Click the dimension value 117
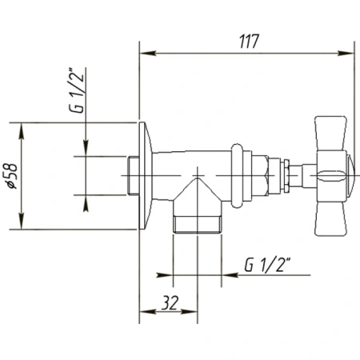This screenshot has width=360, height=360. click(x=249, y=42)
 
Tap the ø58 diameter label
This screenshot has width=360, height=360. click(x=10, y=174)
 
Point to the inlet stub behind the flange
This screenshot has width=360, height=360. click(x=133, y=175)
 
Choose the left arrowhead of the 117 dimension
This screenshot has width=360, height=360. click(x=145, y=54)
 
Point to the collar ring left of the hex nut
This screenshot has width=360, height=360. click(x=238, y=171)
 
